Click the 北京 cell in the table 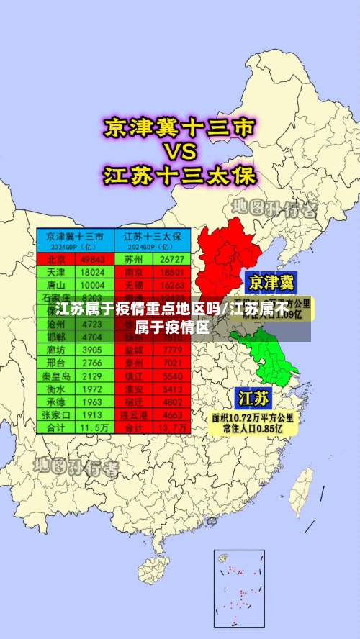[x=57, y=259]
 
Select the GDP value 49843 [x=92, y=259]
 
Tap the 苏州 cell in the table [x=134, y=259]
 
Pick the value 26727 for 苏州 [x=172, y=259]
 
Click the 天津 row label [x=57, y=273]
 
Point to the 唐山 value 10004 [x=92, y=286]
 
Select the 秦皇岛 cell [x=57, y=376]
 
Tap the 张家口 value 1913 [x=92, y=414]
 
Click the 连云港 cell [x=134, y=414]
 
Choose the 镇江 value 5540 [x=172, y=376]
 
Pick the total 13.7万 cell [x=172, y=427]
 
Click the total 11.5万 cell [x=92, y=427]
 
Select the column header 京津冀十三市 [x=75, y=236]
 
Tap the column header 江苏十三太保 [x=153, y=236]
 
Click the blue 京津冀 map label [x=271, y=282]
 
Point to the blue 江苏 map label [x=254, y=398]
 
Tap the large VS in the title [x=179, y=153]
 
